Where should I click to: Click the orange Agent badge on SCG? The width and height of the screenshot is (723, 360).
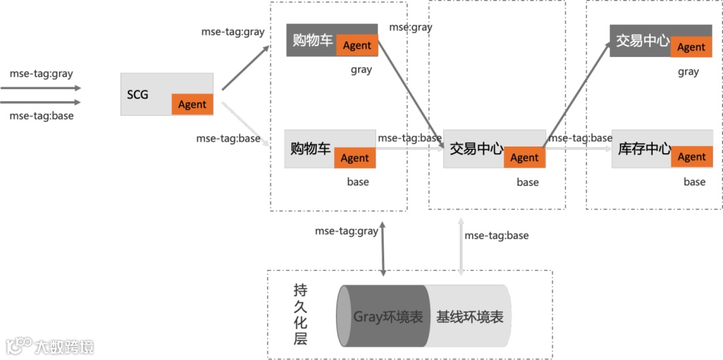[192, 104]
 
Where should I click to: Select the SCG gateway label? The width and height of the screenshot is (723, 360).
[138, 94]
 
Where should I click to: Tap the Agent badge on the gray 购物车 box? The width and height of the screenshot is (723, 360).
[357, 46]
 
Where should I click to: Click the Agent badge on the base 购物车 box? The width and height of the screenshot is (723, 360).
[355, 158]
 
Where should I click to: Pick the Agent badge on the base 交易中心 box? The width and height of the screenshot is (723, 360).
[524, 157]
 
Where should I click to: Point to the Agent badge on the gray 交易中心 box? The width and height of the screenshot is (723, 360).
[692, 47]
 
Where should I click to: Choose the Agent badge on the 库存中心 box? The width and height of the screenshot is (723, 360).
[692, 157]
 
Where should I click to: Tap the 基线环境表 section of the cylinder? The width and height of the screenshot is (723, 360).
[469, 317]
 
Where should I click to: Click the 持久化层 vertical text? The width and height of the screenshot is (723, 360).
[301, 314]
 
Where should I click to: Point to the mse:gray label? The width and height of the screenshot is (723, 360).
[410, 27]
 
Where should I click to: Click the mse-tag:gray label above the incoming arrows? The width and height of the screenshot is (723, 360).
[41, 74]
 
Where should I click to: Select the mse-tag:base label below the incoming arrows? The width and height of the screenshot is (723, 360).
[42, 116]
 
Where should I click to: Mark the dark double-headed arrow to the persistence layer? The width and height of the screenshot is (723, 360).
[383, 250]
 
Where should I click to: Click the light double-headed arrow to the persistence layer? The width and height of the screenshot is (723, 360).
[461, 246]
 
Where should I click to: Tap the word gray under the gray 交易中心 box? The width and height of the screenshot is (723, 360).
[688, 72]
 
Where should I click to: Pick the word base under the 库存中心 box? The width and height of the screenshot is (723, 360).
[694, 182]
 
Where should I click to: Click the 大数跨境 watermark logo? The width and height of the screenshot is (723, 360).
[50, 346]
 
